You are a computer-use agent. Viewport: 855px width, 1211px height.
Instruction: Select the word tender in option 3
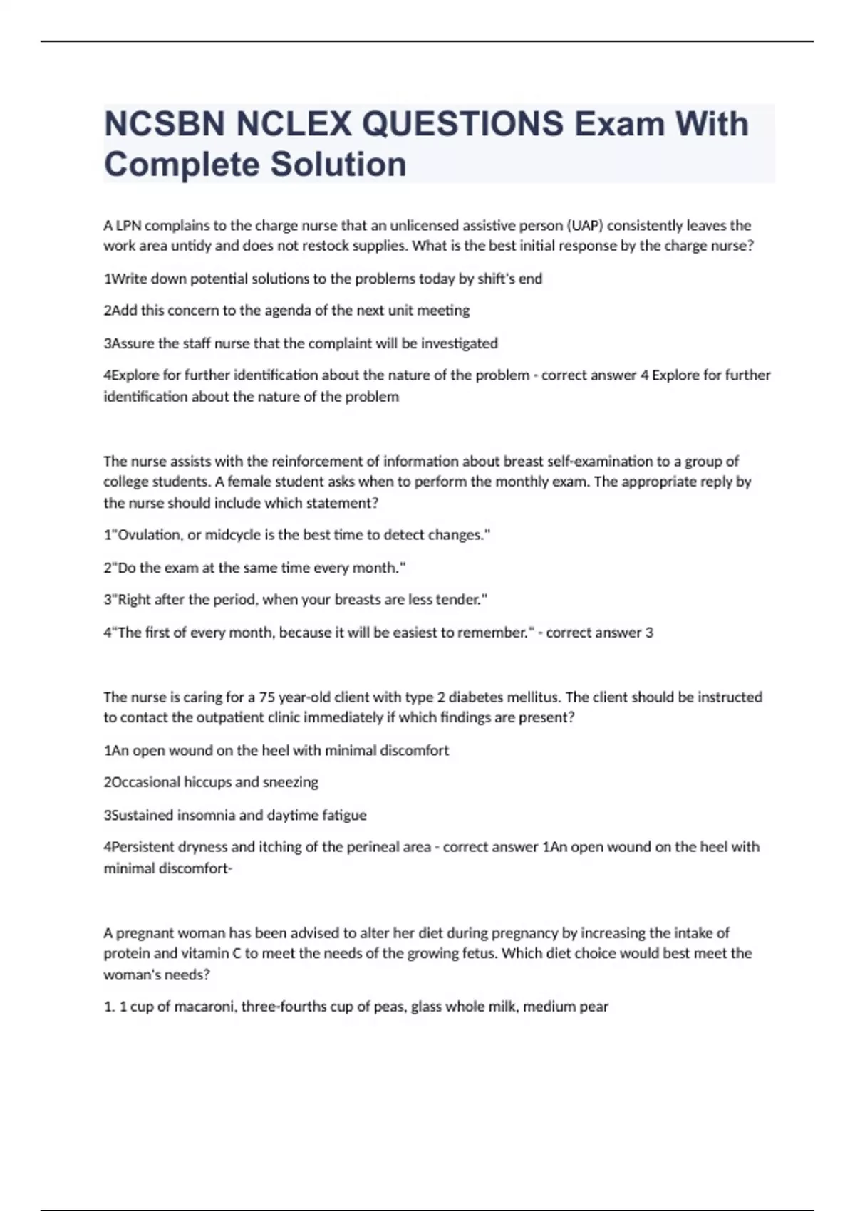(459, 600)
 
